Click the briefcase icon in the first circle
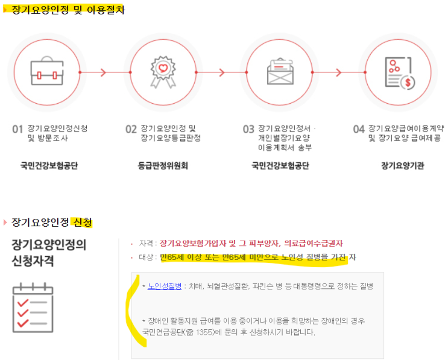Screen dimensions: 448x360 47,71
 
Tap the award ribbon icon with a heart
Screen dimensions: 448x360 163,72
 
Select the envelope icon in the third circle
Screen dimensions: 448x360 280,71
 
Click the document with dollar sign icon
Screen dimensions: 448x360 400,73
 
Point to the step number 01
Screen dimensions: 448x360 17,129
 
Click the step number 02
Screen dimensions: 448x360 131,129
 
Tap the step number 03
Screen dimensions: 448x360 248,129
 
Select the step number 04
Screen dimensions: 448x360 359,129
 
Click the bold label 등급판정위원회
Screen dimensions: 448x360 163,165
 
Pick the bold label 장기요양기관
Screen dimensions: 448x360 403,165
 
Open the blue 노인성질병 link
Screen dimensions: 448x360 165,286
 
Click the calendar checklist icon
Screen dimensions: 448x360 33,308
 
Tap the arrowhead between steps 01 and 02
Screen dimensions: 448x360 104,72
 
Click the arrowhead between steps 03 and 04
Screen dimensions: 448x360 339,72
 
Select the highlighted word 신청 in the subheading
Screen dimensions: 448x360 83,222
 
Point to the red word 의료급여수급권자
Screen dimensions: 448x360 313,244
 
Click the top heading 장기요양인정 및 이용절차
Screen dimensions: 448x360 68,10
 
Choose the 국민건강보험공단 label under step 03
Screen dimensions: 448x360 280,165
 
